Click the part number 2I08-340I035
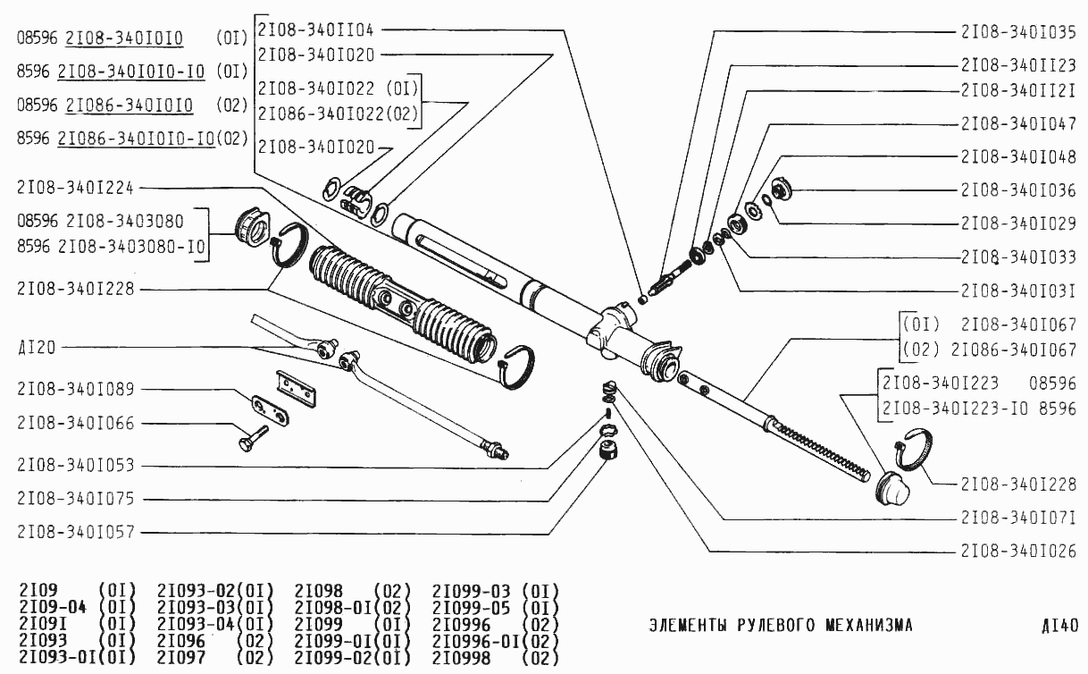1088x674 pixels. click(x=1018, y=31)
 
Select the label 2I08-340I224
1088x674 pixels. click(x=75, y=188)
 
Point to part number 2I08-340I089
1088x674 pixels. click(x=75, y=390)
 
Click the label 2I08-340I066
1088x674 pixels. click(x=75, y=423)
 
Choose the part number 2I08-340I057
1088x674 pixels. click(x=75, y=532)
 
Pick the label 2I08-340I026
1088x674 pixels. click(x=1018, y=550)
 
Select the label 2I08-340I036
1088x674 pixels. click(x=1018, y=190)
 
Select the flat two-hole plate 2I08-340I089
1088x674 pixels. click(x=270, y=410)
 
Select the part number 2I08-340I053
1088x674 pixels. click(x=75, y=467)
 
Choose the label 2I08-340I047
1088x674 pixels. click(x=1018, y=124)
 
